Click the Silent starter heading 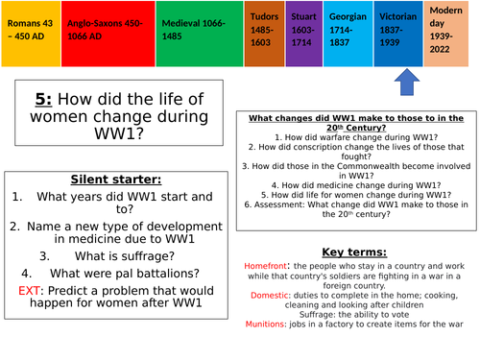(x=114, y=180)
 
